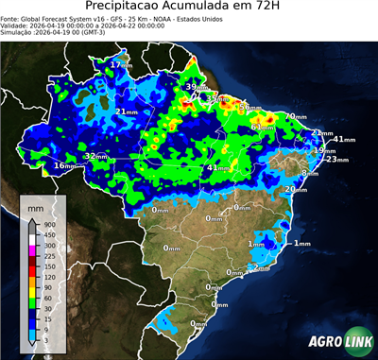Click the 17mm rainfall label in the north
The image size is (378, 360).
point(121,64)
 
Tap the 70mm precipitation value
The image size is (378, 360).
point(296,116)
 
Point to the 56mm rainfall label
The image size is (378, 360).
point(250,109)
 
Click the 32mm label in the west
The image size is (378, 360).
point(96,155)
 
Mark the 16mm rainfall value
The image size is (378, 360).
point(64,166)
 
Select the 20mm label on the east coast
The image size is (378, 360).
point(296,189)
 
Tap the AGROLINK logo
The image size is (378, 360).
point(336,342)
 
